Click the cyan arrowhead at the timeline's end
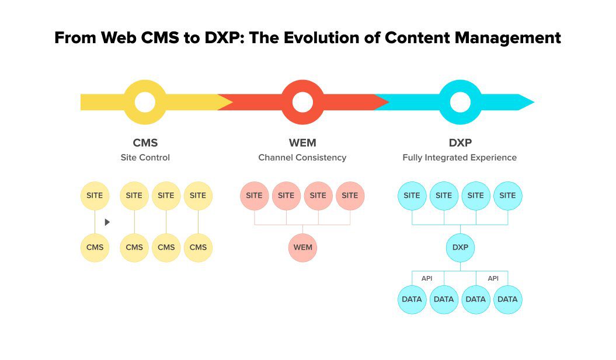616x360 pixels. [x=525, y=102]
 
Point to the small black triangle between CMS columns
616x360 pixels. [x=107, y=222]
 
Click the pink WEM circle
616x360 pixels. [x=302, y=247]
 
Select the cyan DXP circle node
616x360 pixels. [x=460, y=247]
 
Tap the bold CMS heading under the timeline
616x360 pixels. [x=145, y=143]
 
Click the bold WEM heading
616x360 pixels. [x=302, y=143]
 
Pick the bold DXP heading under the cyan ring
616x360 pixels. [x=460, y=143]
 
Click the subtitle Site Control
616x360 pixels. [x=145, y=158]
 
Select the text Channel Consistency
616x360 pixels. [x=302, y=158]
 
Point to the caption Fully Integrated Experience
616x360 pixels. [x=460, y=158]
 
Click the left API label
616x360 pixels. [x=427, y=278]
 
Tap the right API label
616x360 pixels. [x=493, y=278]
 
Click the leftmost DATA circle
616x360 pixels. [x=412, y=299]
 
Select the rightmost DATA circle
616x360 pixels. [x=507, y=299]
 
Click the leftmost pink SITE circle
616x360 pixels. [x=255, y=195]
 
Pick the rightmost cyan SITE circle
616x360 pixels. [x=507, y=195]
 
